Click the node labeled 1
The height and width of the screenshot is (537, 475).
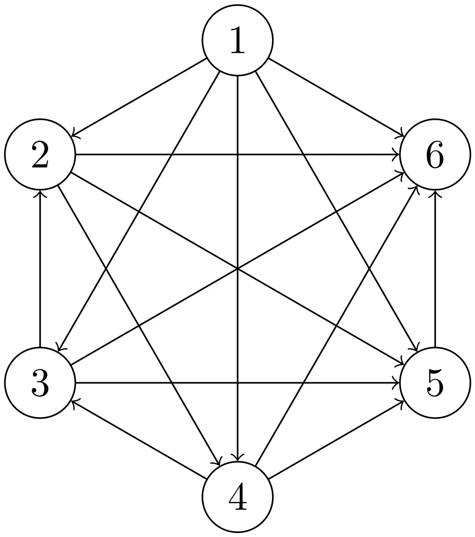click(x=238, y=40)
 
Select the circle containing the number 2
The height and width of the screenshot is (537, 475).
click(x=40, y=154)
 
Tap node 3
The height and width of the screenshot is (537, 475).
click(x=40, y=383)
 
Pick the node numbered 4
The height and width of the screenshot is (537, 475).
click(x=238, y=497)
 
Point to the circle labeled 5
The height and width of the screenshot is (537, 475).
click(x=435, y=383)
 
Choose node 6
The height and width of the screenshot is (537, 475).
click(x=435, y=154)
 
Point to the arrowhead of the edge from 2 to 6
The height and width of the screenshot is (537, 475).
click(x=398, y=154)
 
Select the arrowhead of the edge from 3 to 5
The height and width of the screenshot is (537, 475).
click(x=398, y=383)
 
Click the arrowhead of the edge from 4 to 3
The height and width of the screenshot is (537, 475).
click(x=73, y=401)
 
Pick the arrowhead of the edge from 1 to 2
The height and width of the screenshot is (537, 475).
click(x=73, y=135)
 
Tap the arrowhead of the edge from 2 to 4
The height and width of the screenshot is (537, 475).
click(x=219, y=464)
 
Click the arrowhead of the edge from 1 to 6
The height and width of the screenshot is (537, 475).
click(x=402, y=135)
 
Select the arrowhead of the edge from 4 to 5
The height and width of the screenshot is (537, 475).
click(x=402, y=401)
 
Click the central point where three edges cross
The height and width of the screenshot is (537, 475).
click(x=238, y=268)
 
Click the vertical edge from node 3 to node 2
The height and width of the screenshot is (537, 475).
click(x=40, y=268)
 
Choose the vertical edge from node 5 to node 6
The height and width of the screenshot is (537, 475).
click(x=435, y=268)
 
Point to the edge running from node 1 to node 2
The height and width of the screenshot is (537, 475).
click(x=139, y=97)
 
